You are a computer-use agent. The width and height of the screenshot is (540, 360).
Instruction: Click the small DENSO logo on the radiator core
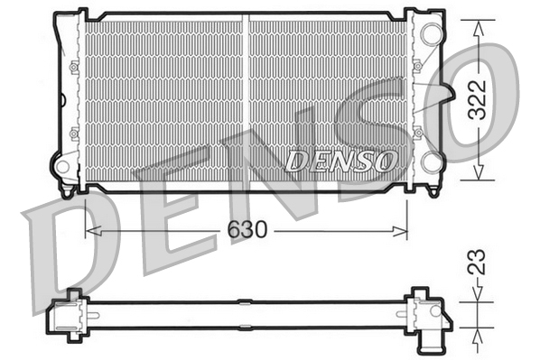pos(340,161)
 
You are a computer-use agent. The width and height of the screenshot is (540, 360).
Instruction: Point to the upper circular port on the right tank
pos(431,34)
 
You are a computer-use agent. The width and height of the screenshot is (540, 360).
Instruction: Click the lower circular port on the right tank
pos(431,162)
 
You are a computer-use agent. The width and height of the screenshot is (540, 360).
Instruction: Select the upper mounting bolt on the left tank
pos(74,67)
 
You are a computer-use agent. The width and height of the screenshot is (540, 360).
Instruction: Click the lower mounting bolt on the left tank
pos(74,133)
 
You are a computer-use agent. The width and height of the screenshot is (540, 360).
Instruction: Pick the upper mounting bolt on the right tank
pos(417,66)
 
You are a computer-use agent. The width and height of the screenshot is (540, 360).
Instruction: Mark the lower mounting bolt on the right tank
pos(417,132)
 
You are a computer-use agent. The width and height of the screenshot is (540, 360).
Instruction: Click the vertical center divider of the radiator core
pos(246,99)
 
